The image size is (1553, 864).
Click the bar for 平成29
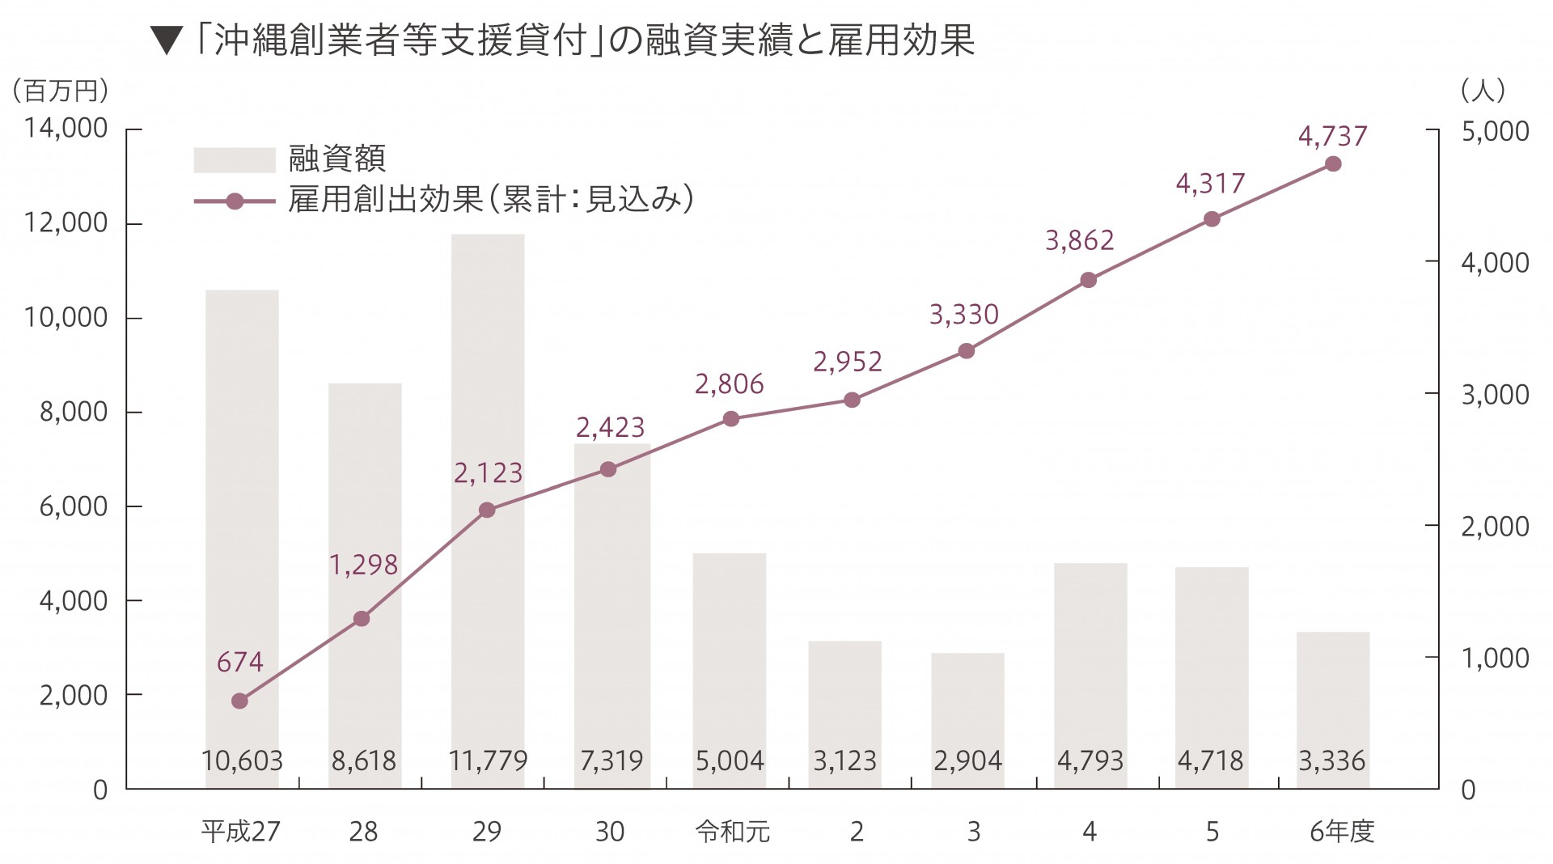pyautogui.click(x=488, y=510)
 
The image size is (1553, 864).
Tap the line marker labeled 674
pyautogui.click(x=239, y=701)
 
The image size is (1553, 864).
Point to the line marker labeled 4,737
pyautogui.click(x=1334, y=164)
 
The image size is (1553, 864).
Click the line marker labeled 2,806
pyautogui.click(x=731, y=418)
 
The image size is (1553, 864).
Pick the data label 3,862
pyautogui.click(x=1079, y=240)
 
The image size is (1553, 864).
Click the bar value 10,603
pyautogui.click(x=242, y=760)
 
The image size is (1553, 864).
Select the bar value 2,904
pyautogui.click(x=967, y=760)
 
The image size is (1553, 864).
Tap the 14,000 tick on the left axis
pyautogui.click(x=66, y=128)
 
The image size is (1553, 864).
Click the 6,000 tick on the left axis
pyautogui.click(x=74, y=506)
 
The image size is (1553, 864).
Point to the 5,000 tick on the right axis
pyautogui.click(x=1495, y=131)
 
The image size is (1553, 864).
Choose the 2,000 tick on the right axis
pyautogui.click(x=1495, y=526)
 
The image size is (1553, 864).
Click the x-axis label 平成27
pyautogui.click(x=241, y=831)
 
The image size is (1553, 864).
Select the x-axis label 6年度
pyautogui.click(x=1342, y=831)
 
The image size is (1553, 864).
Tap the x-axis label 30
pyautogui.click(x=610, y=831)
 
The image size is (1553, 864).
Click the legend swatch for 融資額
pyautogui.click(x=235, y=159)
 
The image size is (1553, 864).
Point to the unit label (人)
pyautogui.click(x=1483, y=90)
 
